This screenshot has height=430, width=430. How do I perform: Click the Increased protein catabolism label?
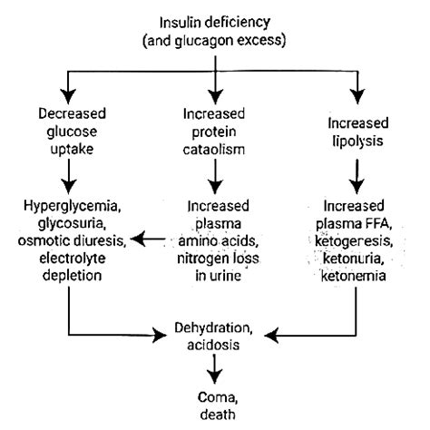(214, 130)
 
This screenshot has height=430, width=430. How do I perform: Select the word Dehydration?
(214, 327)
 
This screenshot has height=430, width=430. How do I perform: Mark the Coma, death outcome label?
(214, 405)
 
